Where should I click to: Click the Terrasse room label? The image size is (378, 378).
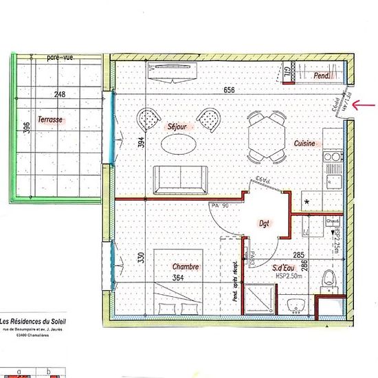click(51, 120)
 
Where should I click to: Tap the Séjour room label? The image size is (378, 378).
click(177, 127)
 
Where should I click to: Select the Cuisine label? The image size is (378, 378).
click(304, 143)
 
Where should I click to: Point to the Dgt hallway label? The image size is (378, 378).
click(264, 223)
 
